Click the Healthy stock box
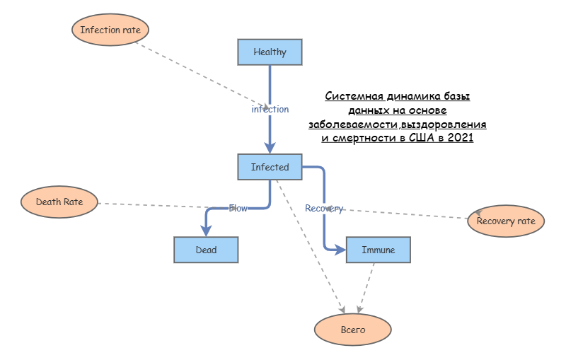270,52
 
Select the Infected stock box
270,168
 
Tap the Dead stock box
206,250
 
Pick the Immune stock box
379,250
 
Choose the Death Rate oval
59,202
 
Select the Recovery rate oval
506,221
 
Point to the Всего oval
352,330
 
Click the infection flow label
270,110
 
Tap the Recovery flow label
323,209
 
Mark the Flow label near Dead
238,208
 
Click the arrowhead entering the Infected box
270,149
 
